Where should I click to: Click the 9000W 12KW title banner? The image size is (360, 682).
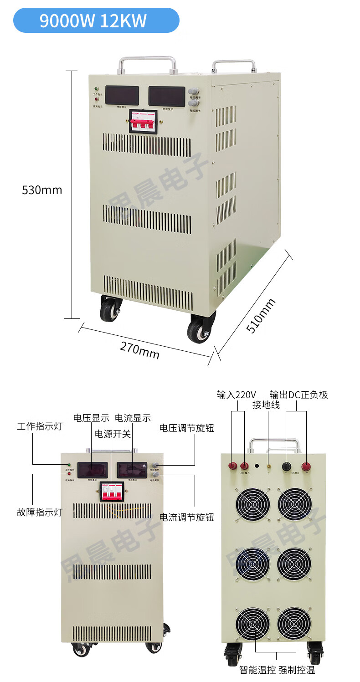[96, 21]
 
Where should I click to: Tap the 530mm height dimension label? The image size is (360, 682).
[42, 190]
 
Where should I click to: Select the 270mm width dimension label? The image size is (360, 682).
[140, 349]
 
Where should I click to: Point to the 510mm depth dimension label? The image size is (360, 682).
[261, 316]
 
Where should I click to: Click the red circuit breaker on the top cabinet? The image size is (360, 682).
[144, 122]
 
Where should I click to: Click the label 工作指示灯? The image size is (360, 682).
[39, 426]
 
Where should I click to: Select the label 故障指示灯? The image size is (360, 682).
[39, 512]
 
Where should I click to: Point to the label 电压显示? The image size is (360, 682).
[91, 418]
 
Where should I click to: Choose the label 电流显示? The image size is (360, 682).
[133, 418]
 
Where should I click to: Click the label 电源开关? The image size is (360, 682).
[113, 434]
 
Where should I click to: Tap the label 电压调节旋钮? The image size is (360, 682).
[186, 428]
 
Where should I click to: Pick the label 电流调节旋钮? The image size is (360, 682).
[186, 517]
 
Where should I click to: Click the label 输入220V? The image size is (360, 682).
[237, 395]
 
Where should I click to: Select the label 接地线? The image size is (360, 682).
[266, 405]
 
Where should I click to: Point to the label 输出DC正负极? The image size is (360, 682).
[298, 395]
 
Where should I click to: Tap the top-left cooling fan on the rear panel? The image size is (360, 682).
[253, 505]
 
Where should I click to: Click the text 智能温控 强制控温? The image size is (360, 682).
[277, 670]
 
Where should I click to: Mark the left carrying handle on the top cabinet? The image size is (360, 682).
[147, 64]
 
